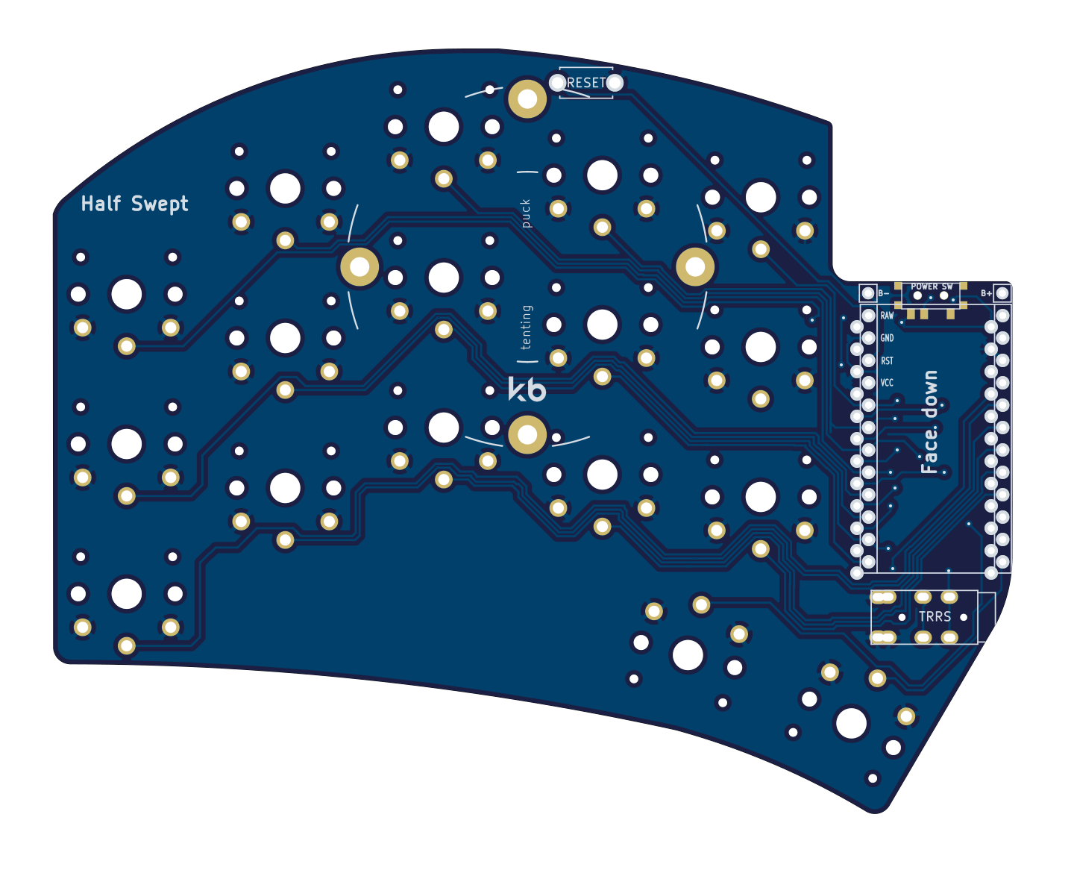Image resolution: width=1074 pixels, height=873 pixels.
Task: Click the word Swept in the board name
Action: (160, 204)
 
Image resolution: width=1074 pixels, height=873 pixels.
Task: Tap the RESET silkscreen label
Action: (586, 83)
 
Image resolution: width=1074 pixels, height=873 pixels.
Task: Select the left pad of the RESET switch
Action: (558, 83)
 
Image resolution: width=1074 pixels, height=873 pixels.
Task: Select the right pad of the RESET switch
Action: (615, 83)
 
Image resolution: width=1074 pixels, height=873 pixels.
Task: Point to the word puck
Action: (526, 213)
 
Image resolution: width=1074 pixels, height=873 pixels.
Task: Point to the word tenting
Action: (527, 327)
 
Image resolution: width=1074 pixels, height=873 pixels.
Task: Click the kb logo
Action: (527, 389)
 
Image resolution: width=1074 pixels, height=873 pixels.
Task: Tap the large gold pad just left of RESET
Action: (527, 98)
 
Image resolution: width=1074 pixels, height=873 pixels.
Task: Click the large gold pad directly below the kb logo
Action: (527, 435)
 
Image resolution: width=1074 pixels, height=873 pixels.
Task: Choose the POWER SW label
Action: (932, 287)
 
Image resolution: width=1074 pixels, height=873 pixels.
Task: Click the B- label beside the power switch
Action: (884, 293)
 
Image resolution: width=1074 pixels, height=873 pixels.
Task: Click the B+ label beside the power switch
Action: (986, 293)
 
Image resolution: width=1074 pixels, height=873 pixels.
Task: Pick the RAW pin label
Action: (887, 316)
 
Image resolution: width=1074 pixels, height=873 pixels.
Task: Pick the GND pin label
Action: (887, 338)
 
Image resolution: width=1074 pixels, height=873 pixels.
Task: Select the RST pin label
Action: (887, 361)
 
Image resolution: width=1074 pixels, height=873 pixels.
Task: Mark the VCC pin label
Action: (887, 384)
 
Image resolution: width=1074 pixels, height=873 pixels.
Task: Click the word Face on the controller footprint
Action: (929, 451)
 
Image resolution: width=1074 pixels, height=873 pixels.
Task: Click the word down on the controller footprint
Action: (929, 393)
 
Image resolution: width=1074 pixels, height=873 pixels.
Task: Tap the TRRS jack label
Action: (935, 616)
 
